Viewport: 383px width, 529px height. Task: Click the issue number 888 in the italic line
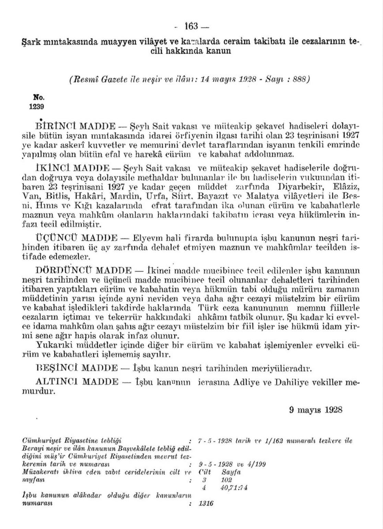pyautogui.click(x=298, y=79)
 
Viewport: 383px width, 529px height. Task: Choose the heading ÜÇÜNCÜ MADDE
pyautogui.click(x=76, y=237)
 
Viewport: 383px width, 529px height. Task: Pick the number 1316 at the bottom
pyautogui.click(x=206, y=503)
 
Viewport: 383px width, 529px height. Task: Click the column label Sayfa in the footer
pyautogui.click(x=231, y=472)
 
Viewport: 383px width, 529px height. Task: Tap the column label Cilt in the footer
pyautogui.click(x=205, y=472)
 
